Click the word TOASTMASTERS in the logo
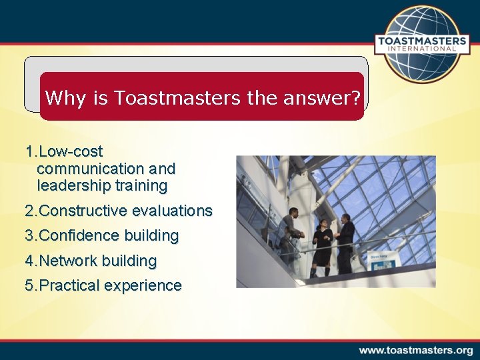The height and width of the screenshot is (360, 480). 425,41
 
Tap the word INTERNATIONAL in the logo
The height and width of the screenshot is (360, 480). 425,49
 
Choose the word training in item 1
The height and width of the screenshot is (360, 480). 141,185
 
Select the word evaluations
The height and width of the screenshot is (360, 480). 172,211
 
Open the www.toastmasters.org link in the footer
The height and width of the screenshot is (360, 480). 416,350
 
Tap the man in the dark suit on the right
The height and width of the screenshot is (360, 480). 346,243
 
